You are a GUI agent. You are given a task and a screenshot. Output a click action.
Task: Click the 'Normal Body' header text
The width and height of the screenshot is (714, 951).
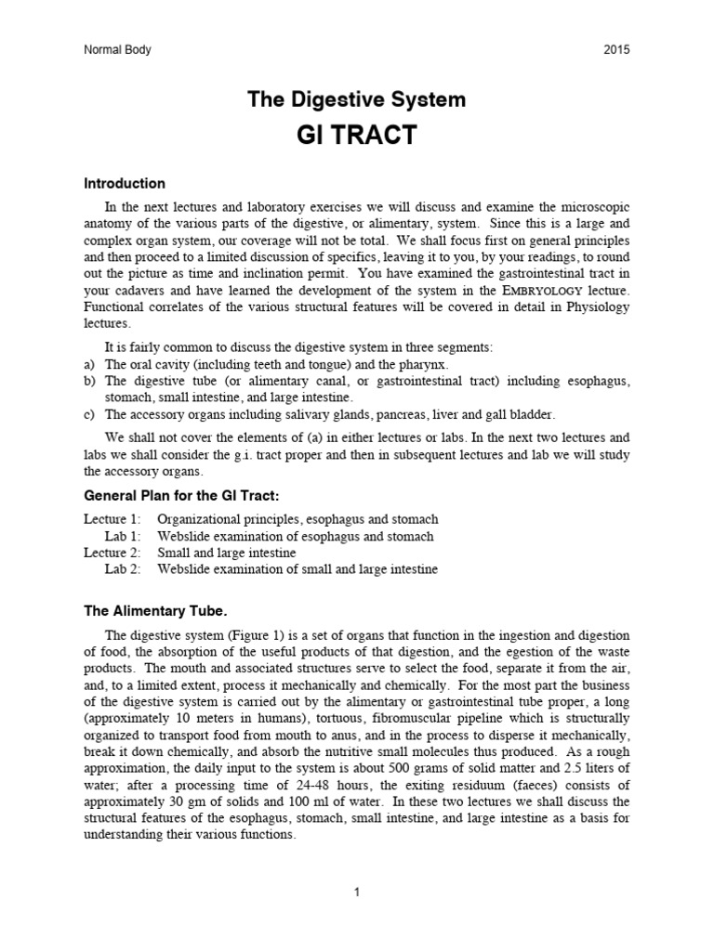[x=117, y=50]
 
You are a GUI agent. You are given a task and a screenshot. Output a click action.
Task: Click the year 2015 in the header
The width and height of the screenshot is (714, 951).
[x=615, y=50]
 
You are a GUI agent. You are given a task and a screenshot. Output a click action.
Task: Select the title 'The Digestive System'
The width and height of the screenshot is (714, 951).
[x=356, y=99]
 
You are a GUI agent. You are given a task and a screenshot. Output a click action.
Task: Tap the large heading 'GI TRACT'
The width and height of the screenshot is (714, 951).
[x=356, y=137]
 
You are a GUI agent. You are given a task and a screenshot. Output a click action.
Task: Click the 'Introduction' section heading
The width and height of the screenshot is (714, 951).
[x=125, y=184]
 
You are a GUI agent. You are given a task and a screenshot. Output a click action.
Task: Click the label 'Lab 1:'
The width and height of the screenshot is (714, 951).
[x=124, y=536]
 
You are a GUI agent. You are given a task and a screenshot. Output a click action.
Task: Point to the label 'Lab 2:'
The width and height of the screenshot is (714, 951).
[x=124, y=569]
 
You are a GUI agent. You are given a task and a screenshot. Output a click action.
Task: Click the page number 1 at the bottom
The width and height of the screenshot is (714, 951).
[x=356, y=892]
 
